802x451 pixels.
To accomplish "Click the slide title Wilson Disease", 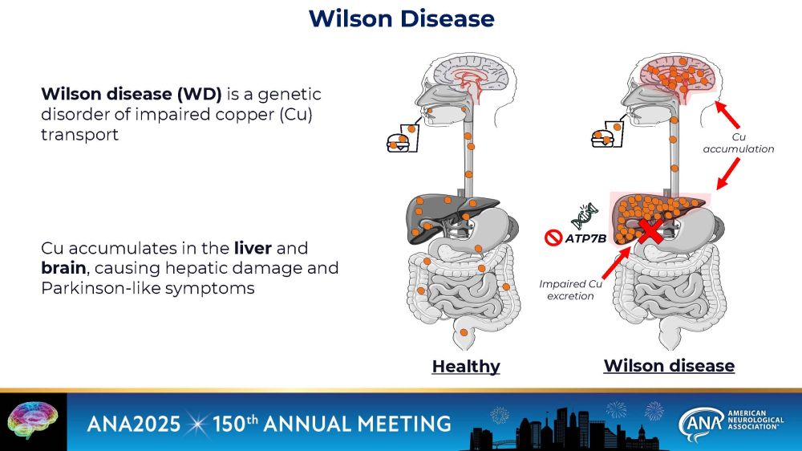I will (x=401, y=18).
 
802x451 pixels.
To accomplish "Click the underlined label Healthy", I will (x=465, y=367).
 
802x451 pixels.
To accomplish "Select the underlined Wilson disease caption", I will (x=668, y=366).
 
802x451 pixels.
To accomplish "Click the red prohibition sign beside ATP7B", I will (x=552, y=238).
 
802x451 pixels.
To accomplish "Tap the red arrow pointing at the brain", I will (x=728, y=113).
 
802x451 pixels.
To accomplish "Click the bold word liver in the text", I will (x=252, y=248).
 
